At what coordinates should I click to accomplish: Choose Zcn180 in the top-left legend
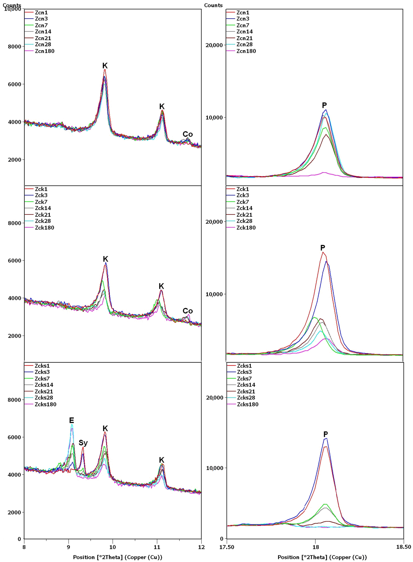44,51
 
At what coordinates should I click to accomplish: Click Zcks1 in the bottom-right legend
244,366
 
